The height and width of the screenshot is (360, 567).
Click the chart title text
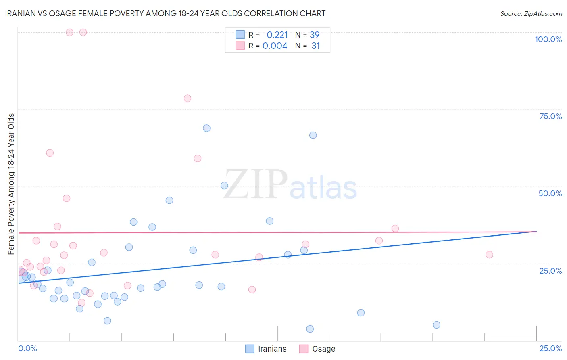165,13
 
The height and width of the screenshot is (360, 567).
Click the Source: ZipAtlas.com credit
531,13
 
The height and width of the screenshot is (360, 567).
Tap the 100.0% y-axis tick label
548,39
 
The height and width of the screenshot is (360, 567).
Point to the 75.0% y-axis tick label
550,116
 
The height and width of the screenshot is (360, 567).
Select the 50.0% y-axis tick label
550,193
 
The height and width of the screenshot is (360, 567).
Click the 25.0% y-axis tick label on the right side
550,270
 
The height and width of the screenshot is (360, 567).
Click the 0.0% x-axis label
27,348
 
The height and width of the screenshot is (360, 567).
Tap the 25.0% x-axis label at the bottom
550,348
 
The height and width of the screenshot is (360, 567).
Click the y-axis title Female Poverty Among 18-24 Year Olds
11,184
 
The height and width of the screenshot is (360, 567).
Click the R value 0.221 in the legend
277,35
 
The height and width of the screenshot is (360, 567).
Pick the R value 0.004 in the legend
275,46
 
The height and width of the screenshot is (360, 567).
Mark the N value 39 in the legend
315,35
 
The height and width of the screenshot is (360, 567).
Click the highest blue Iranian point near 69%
206,128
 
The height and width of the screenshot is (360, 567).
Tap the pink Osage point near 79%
187,98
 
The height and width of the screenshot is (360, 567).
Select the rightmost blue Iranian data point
436,325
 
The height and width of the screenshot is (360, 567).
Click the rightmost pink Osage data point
489,255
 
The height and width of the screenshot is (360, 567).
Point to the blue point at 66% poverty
313,135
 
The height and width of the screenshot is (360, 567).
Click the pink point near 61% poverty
50,153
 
